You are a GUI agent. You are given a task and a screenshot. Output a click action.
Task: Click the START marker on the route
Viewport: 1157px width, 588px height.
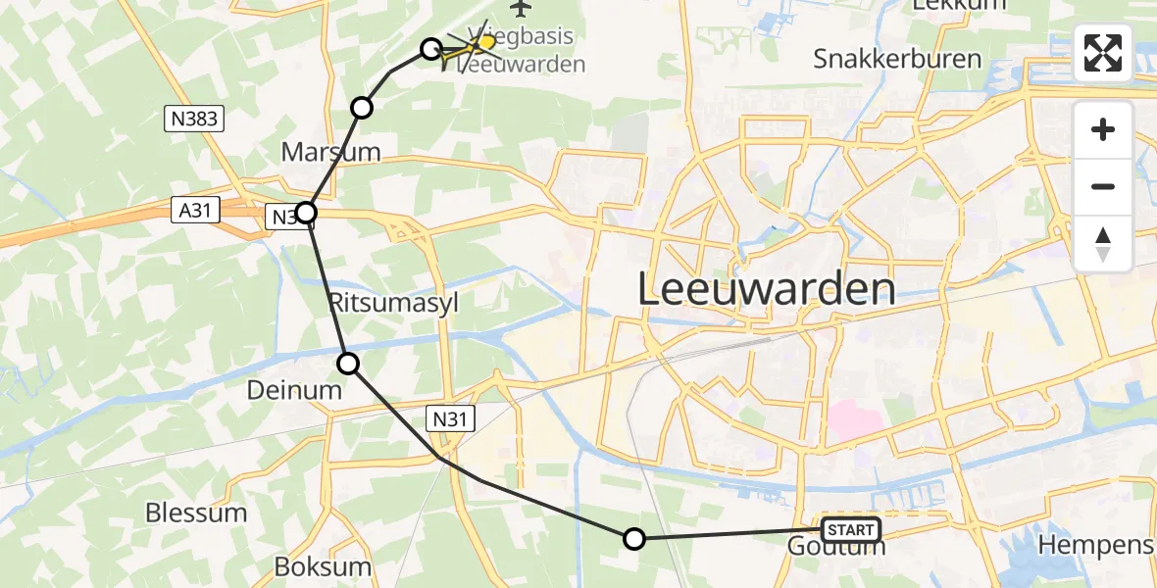click(850, 530)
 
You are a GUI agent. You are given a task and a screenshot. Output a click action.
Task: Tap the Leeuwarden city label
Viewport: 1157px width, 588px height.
click(767, 290)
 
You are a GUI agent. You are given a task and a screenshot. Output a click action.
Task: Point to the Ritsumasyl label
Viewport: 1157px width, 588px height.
click(393, 301)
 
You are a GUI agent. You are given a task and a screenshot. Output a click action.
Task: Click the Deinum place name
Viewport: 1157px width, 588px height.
click(295, 390)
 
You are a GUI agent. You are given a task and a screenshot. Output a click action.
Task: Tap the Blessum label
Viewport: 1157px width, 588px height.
click(196, 513)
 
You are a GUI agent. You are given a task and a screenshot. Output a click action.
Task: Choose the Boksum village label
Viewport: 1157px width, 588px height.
click(323, 566)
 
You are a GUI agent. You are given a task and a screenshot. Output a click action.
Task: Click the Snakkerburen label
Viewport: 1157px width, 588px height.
click(897, 59)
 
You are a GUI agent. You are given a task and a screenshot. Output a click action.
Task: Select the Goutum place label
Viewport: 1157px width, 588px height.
click(835, 547)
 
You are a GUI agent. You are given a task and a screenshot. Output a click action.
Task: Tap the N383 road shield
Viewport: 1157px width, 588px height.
click(194, 120)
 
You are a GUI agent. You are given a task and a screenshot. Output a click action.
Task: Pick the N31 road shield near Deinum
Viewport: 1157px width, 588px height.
click(452, 419)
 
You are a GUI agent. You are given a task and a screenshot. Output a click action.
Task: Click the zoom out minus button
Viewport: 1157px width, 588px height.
click(1103, 186)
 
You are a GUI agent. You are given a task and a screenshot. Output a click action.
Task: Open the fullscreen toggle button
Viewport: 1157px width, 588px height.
click(1103, 53)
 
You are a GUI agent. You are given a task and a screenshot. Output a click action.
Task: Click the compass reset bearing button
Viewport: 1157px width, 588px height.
click(1103, 244)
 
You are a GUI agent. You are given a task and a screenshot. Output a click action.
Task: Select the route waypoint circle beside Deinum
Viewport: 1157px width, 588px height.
click(348, 365)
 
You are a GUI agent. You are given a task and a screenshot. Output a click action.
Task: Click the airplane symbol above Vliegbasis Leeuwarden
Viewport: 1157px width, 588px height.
click(520, 9)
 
